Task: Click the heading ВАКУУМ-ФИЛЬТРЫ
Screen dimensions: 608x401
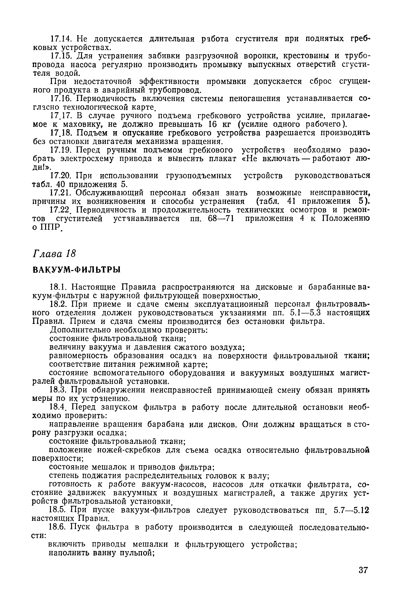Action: coord(76,270)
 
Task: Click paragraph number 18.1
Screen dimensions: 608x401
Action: coord(58,287)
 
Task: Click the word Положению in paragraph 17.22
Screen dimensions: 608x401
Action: coord(345,219)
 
